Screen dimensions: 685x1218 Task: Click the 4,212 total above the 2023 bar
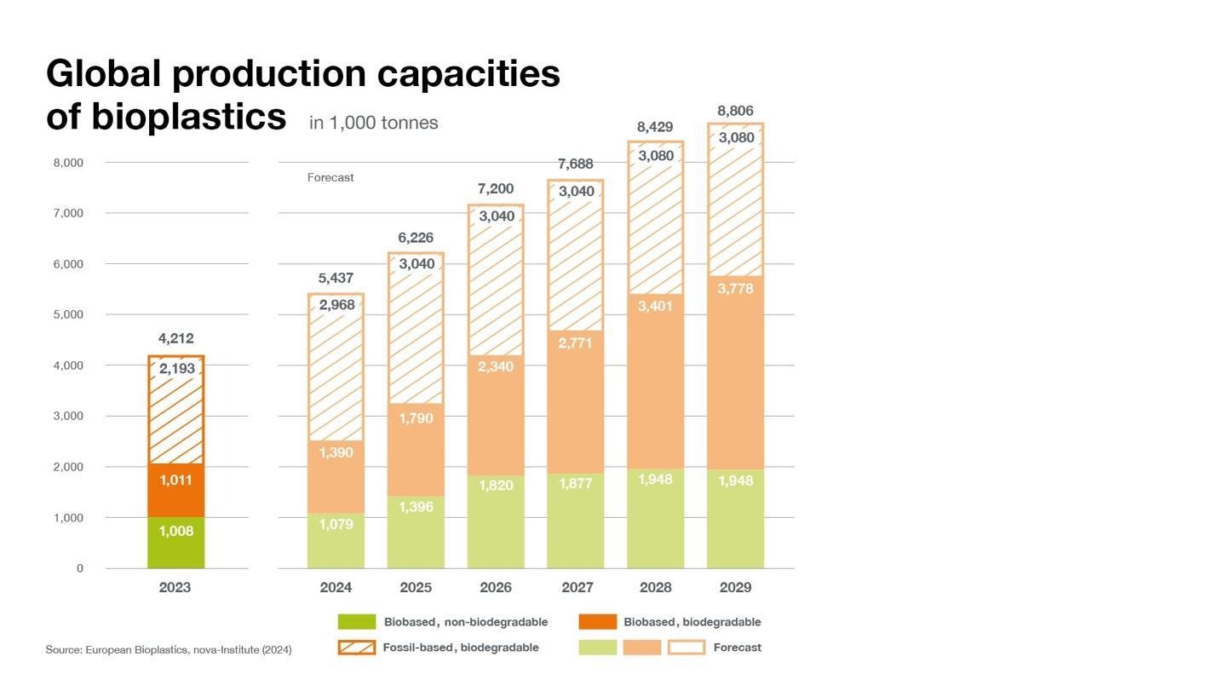(176, 338)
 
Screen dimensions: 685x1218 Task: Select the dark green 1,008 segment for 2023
(175, 543)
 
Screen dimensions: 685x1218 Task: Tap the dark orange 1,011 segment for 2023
(175, 491)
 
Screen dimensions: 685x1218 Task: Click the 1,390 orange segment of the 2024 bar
(336, 477)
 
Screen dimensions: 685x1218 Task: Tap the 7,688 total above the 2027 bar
(576, 164)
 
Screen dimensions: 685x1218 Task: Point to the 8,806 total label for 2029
(735, 111)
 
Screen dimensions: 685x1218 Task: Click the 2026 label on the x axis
(496, 587)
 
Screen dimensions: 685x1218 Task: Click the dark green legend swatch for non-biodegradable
(356, 622)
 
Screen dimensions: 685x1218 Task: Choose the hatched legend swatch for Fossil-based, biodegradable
(356, 648)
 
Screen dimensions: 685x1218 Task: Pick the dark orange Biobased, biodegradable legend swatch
(596, 622)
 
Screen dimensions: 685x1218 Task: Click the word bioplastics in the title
(166, 117)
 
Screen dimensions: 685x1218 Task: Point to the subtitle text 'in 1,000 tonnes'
(373, 123)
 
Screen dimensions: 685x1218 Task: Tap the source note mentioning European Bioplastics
(169, 649)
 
